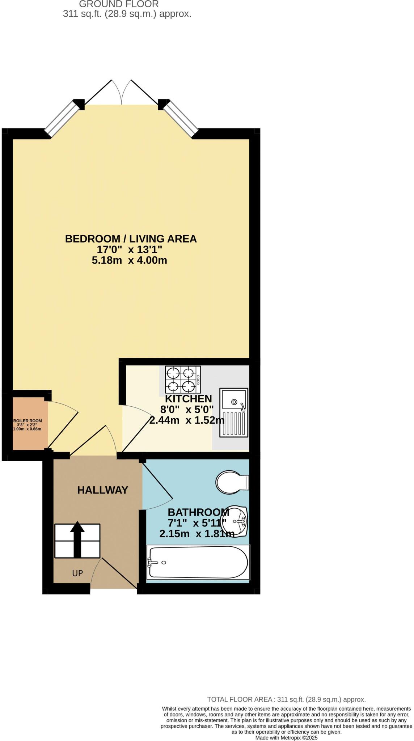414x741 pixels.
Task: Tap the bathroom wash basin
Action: coord(237,521)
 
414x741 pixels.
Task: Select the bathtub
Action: coord(198,562)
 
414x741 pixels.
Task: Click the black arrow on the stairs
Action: coord(77,539)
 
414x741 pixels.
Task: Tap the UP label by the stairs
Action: coord(77,573)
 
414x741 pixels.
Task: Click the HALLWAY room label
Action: coord(102,490)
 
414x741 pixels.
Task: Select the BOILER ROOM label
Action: coord(28,421)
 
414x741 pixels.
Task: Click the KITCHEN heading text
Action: coord(188,399)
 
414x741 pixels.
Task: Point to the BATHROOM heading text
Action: coord(198,512)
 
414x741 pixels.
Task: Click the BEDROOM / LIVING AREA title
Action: coord(131,239)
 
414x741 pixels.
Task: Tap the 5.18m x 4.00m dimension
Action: coord(129,260)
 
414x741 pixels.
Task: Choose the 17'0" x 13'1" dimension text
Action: coord(129,250)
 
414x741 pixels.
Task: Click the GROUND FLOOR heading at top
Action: coord(119,4)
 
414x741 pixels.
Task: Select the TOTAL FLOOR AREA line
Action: coord(286,699)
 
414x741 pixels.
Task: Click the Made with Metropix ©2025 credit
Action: coord(286,737)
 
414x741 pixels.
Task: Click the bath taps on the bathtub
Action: coord(151,562)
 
